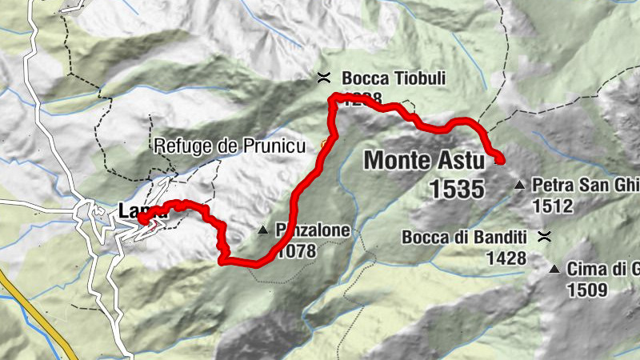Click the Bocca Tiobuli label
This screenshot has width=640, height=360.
[x=393, y=78]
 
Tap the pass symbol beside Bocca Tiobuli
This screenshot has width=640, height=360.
[x=324, y=78]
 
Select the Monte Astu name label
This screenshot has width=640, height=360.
[x=424, y=160]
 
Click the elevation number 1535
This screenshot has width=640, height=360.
[x=457, y=189]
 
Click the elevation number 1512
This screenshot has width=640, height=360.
[x=552, y=206]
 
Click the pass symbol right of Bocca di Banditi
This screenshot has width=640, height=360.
[x=545, y=236]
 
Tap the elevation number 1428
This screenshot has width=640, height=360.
[x=506, y=258]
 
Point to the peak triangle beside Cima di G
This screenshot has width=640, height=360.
[x=554, y=270]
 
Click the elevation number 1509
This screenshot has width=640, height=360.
[x=586, y=290]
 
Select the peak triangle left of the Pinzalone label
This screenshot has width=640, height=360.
[x=263, y=232]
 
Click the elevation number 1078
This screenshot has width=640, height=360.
[x=296, y=251]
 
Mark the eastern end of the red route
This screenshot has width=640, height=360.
[x=501, y=160]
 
